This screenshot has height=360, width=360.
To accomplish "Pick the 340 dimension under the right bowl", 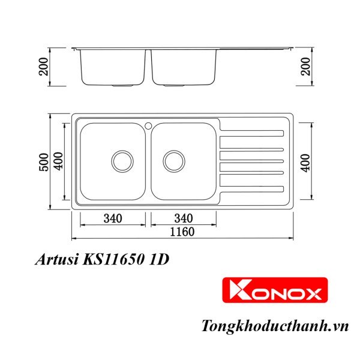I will tap(184, 218).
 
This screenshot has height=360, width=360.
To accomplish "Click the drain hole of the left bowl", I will tap(122, 160).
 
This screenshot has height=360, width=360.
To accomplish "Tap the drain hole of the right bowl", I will tap(173, 160).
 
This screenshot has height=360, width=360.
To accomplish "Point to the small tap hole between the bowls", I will tap(148, 126).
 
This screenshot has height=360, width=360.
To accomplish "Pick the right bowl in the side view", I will tap(183, 67).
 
